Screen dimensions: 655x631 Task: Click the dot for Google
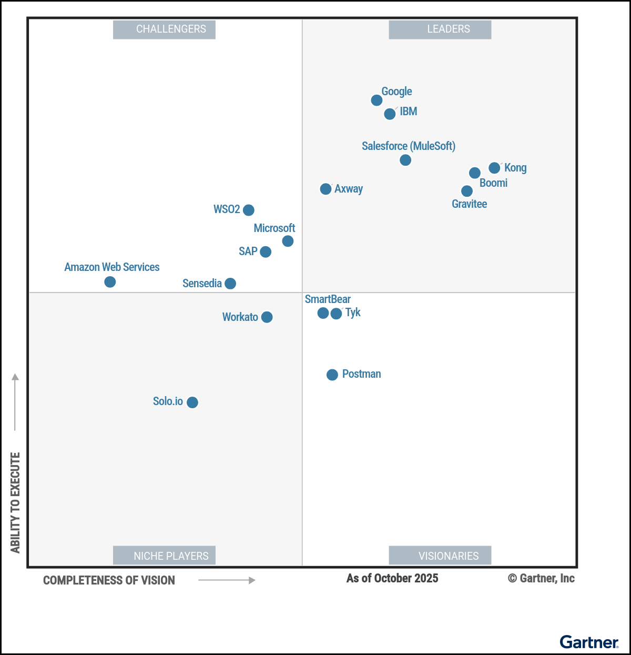pyautogui.click(x=376, y=100)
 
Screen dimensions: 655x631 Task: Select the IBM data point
pyautogui.click(x=390, y=114)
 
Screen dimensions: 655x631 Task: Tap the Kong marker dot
pyautogui.click(x=494, y=168)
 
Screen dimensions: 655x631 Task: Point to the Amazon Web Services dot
pyautogui.click(x=110, y=282)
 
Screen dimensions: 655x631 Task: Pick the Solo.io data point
pyautogui.click(x=192, y=402)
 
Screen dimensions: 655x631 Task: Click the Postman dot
pyautogui.click(x=332, y=375)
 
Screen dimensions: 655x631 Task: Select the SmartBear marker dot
pyautogui.click(x=323, y=313)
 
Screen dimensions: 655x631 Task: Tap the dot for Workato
pyautogui.click(x=267, y=317)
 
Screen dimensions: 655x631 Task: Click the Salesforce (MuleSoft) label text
pyautogui.click(x=409, y=146)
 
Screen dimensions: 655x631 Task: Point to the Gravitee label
pyautogui.click(x=470, y=204)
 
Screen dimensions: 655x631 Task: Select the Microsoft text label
pyautogui.click(x=274, y=228)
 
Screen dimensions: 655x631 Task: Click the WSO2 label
pyautogui.click(x=227, y=209)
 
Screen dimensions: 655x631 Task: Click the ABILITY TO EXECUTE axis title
pyautogui.click(x=15, y=502)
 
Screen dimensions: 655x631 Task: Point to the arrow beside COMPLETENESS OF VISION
pyautogui.click(x=227, y=580)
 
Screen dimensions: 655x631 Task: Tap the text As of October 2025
pyautogui.click(x=392, y=578)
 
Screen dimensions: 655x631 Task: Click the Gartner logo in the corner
pyautogui.click(x=589, y=642)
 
